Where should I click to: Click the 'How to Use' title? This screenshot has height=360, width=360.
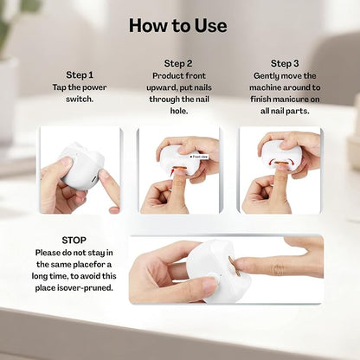179,25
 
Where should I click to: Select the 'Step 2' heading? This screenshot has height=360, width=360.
179,63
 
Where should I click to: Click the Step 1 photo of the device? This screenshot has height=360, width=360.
80,170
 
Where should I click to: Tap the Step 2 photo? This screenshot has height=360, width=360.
179,170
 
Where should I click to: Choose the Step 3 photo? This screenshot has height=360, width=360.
280,170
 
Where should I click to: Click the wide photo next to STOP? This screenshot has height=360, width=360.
226,269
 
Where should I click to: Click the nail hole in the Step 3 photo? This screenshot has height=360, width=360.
279,161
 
